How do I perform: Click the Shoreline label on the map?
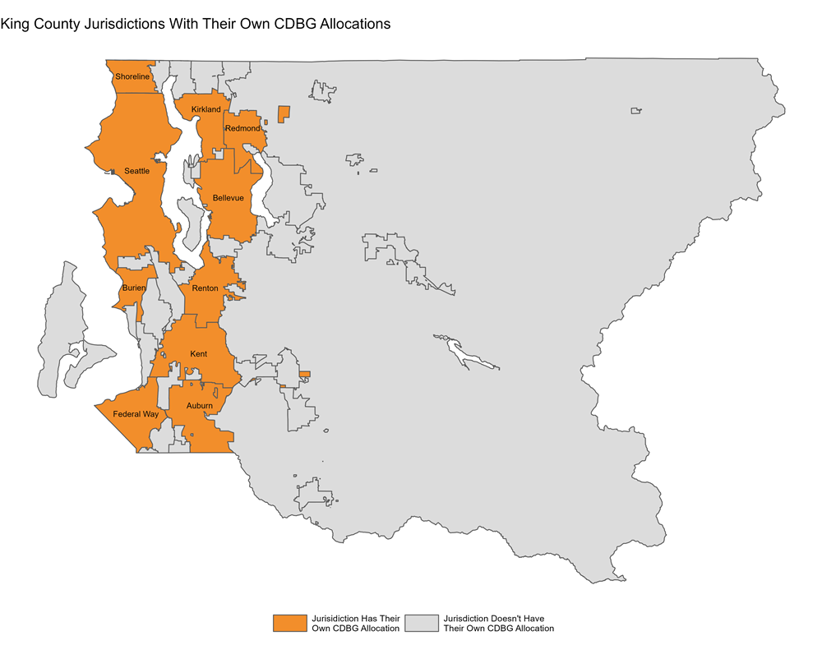point(132,76)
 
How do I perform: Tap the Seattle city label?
point(136,171)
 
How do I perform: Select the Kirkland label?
point(205,109)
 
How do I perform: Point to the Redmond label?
point(242,129)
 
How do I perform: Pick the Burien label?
point(133,288)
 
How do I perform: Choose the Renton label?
point(205,288)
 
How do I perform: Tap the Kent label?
point(198,354)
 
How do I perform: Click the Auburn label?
point(199,406)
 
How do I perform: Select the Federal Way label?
point(136,414)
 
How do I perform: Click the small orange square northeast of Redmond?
point(284,113)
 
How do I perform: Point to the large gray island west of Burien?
point(70,320)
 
